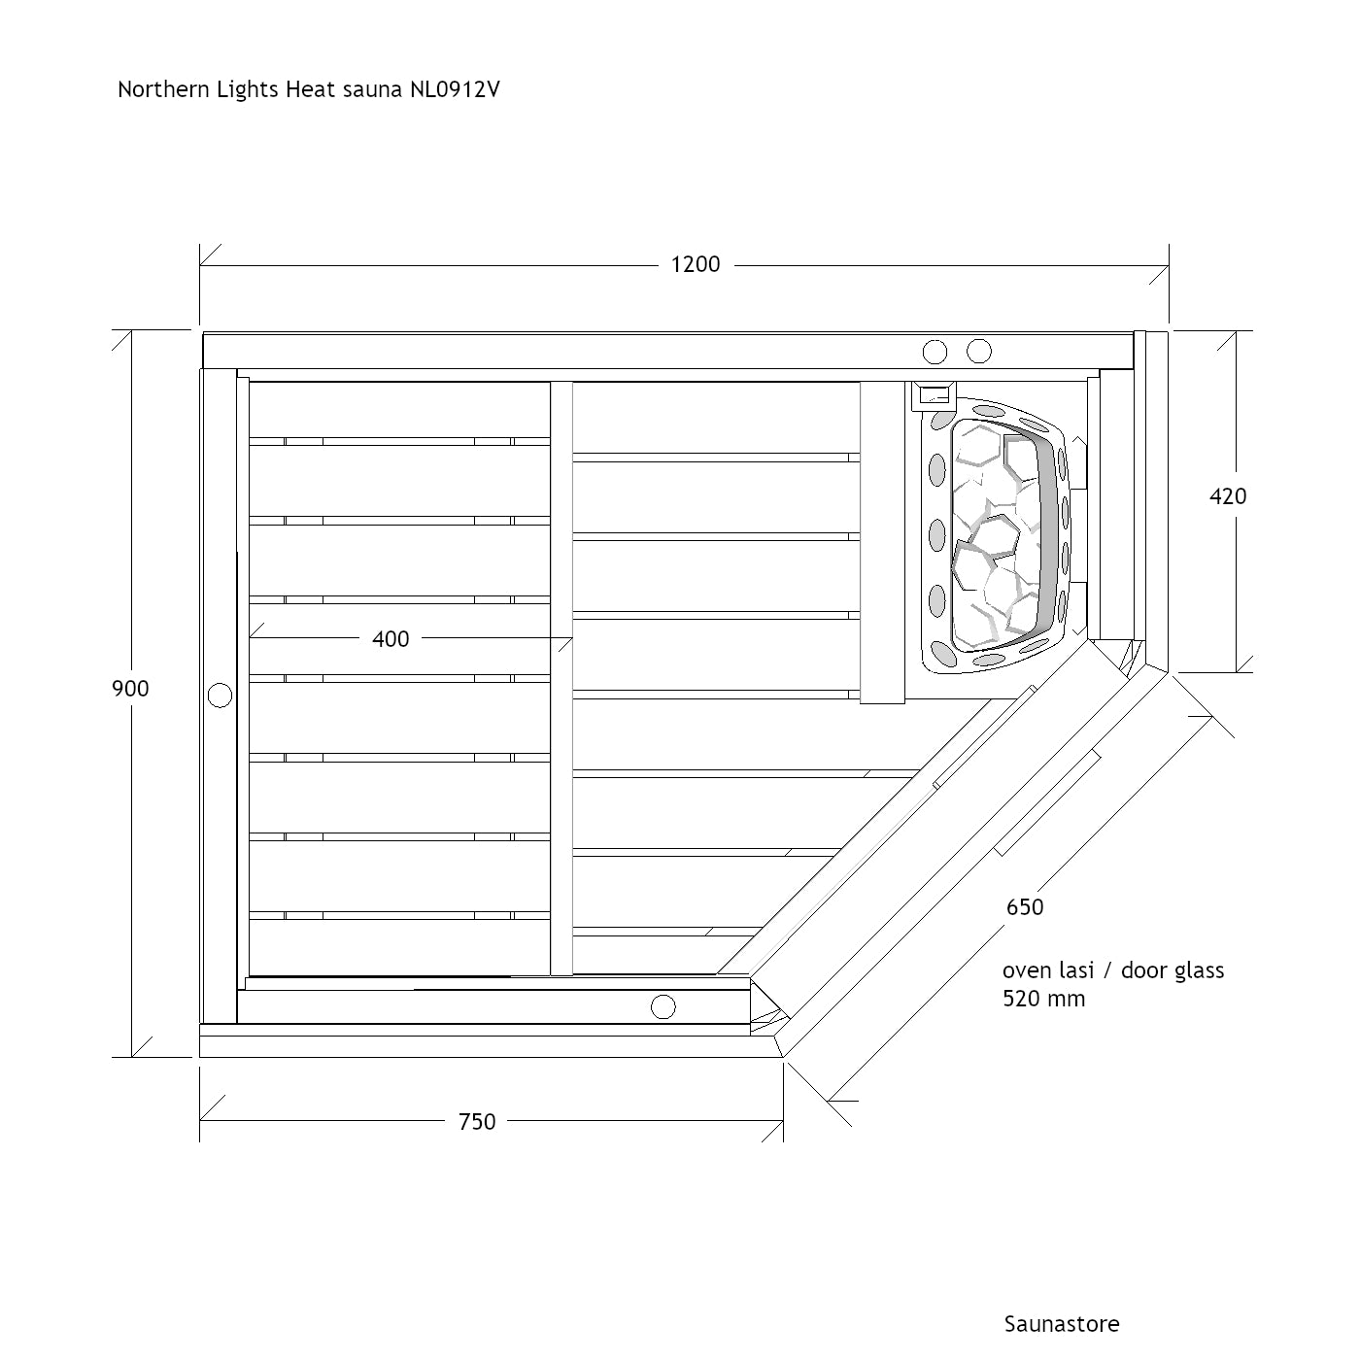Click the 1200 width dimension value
click(696, 264)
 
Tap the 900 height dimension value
click(130, 689)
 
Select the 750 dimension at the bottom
click(477, 1121)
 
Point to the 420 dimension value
click(1228, 496)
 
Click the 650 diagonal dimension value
click(1025, 907)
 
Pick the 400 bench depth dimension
click(391, 639)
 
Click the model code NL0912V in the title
click(456, 89)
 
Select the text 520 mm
click(1044, 999)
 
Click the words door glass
click(1173, 971)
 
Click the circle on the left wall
click(221, 696)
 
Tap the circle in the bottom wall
click(663, 1007)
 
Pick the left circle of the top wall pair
click(935, 352)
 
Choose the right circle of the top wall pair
click(979, 351)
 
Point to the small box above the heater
click(934, 395)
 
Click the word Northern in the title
click(164, 89)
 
